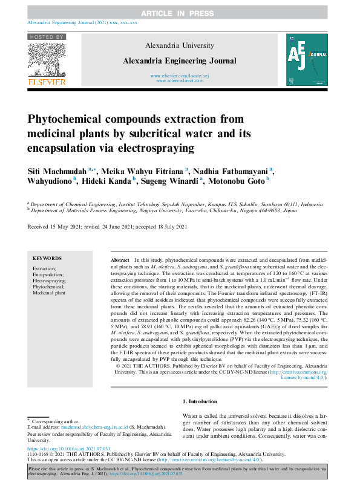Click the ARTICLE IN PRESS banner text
tap(180, 13)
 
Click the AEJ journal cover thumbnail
tap(307, 59)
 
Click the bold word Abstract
tap(120, 258)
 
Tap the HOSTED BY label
tap(47, 37)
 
